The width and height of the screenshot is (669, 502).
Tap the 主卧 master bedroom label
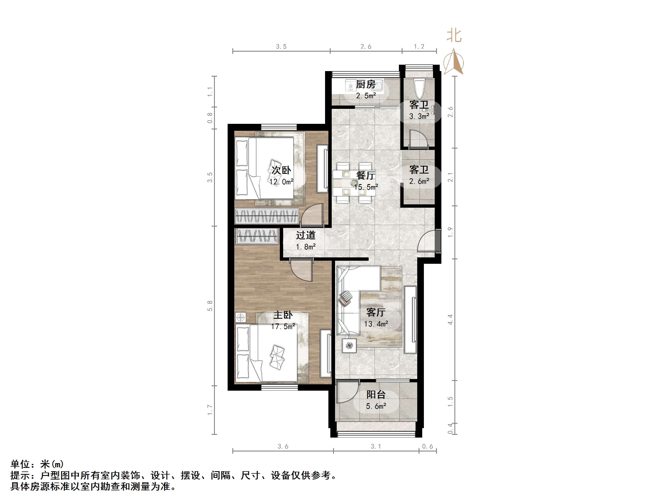click(283, 315)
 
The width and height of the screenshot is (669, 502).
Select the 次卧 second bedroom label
click(281, 170)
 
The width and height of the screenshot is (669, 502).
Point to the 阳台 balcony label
click(376, 395)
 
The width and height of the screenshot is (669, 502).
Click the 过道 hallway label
click(306, 235)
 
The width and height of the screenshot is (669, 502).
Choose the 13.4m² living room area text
click(376, 324)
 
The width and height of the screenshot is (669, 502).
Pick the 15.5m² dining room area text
click(366, 187)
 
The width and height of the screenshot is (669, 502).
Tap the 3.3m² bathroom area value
click(419, 116)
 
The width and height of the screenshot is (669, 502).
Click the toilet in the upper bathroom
click(419, 88)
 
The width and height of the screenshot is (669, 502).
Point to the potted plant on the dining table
click(354, 183)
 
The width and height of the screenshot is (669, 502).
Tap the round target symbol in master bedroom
click(241, 317)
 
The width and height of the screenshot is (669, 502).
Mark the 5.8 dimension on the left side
click(210, 306)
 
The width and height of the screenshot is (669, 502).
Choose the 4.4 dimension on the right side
click(450, 320)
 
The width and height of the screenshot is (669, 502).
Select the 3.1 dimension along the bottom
click(376, 446)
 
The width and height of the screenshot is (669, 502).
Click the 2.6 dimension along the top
click(366, 47)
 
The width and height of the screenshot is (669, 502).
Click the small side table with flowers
click(349, 345)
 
